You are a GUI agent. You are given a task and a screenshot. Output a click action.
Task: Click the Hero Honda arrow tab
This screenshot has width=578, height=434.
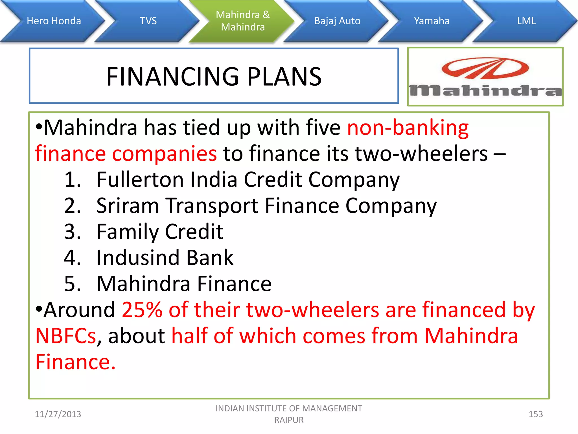click(x=54, y=21)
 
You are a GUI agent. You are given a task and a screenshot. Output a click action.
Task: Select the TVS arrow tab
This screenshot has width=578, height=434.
click(x=148, y=21)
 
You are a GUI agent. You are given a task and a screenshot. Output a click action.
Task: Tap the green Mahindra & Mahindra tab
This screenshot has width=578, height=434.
click(x=243, y=21)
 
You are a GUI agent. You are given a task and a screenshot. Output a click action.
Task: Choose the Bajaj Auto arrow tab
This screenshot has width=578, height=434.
click(x=337, y=21)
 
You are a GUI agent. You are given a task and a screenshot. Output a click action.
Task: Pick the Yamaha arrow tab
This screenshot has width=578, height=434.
click(x=432, y=21)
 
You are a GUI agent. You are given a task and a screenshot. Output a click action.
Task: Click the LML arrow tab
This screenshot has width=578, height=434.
click(x=526, y=21)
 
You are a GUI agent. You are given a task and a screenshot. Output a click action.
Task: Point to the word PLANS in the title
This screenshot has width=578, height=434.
click(x=284, y=77)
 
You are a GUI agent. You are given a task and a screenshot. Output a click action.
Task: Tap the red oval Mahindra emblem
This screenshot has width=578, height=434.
click(x=485, y=68)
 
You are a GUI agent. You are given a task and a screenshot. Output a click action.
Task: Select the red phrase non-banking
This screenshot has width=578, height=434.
click(x=408, y=128)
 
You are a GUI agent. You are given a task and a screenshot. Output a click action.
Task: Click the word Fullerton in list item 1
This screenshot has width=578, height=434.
click(x=140, y=180)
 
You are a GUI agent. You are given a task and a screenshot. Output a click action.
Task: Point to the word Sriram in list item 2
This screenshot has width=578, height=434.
click(x=128, y=206)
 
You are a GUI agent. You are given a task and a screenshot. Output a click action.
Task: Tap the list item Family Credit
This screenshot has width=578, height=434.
click(x=160, y=232)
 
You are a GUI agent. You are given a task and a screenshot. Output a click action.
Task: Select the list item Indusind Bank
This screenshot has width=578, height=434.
click(x=165, y=258)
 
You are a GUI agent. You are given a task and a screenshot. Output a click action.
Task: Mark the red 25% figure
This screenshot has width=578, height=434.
click(x=142, y=310)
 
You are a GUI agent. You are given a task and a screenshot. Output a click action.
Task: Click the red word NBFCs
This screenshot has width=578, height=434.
click(x=65, y=336)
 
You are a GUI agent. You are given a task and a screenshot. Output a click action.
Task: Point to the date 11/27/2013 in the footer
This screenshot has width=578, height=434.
click(x=58, y=414)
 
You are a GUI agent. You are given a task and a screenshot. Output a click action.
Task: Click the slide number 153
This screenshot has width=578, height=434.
click(x=535, y=414)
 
